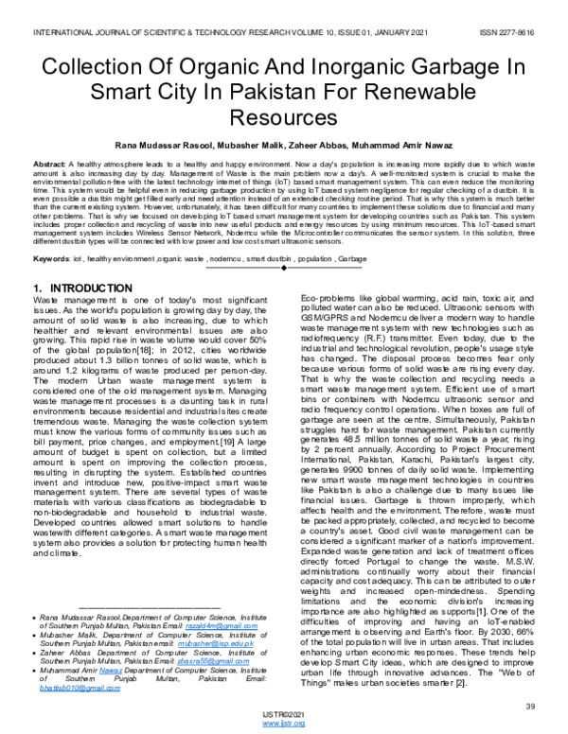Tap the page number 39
coord(530,705)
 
